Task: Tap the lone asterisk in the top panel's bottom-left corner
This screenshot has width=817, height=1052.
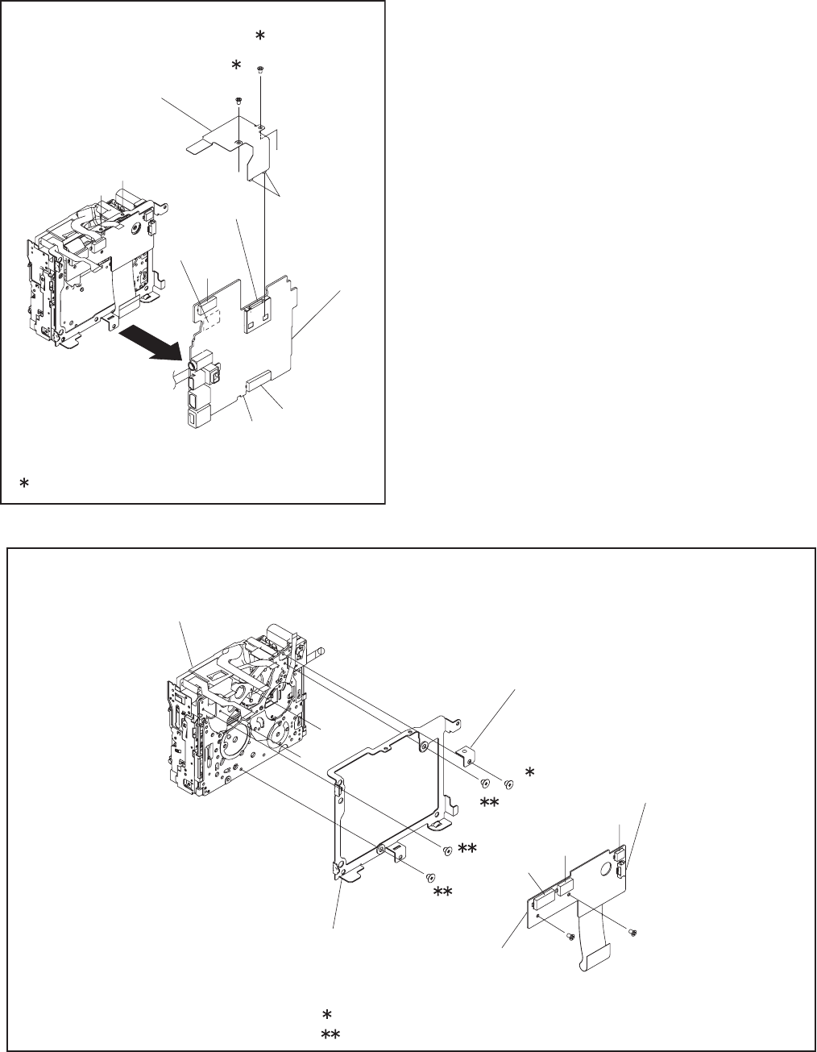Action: click(x=24, y=482)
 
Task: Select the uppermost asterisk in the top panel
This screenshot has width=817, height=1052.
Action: click(x=259, y=37)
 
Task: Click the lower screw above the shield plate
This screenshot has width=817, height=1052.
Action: click(x=238, y=100)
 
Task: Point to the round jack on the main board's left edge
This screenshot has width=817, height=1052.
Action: click(x=193, y=365)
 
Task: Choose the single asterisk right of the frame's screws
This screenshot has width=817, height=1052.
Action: click(x=529, y=772)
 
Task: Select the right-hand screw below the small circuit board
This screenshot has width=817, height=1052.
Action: click(x=632, y=933)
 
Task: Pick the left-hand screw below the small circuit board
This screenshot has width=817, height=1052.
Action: click(x=569, y=936)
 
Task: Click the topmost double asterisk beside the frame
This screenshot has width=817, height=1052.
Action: click(x=490, y=802)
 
